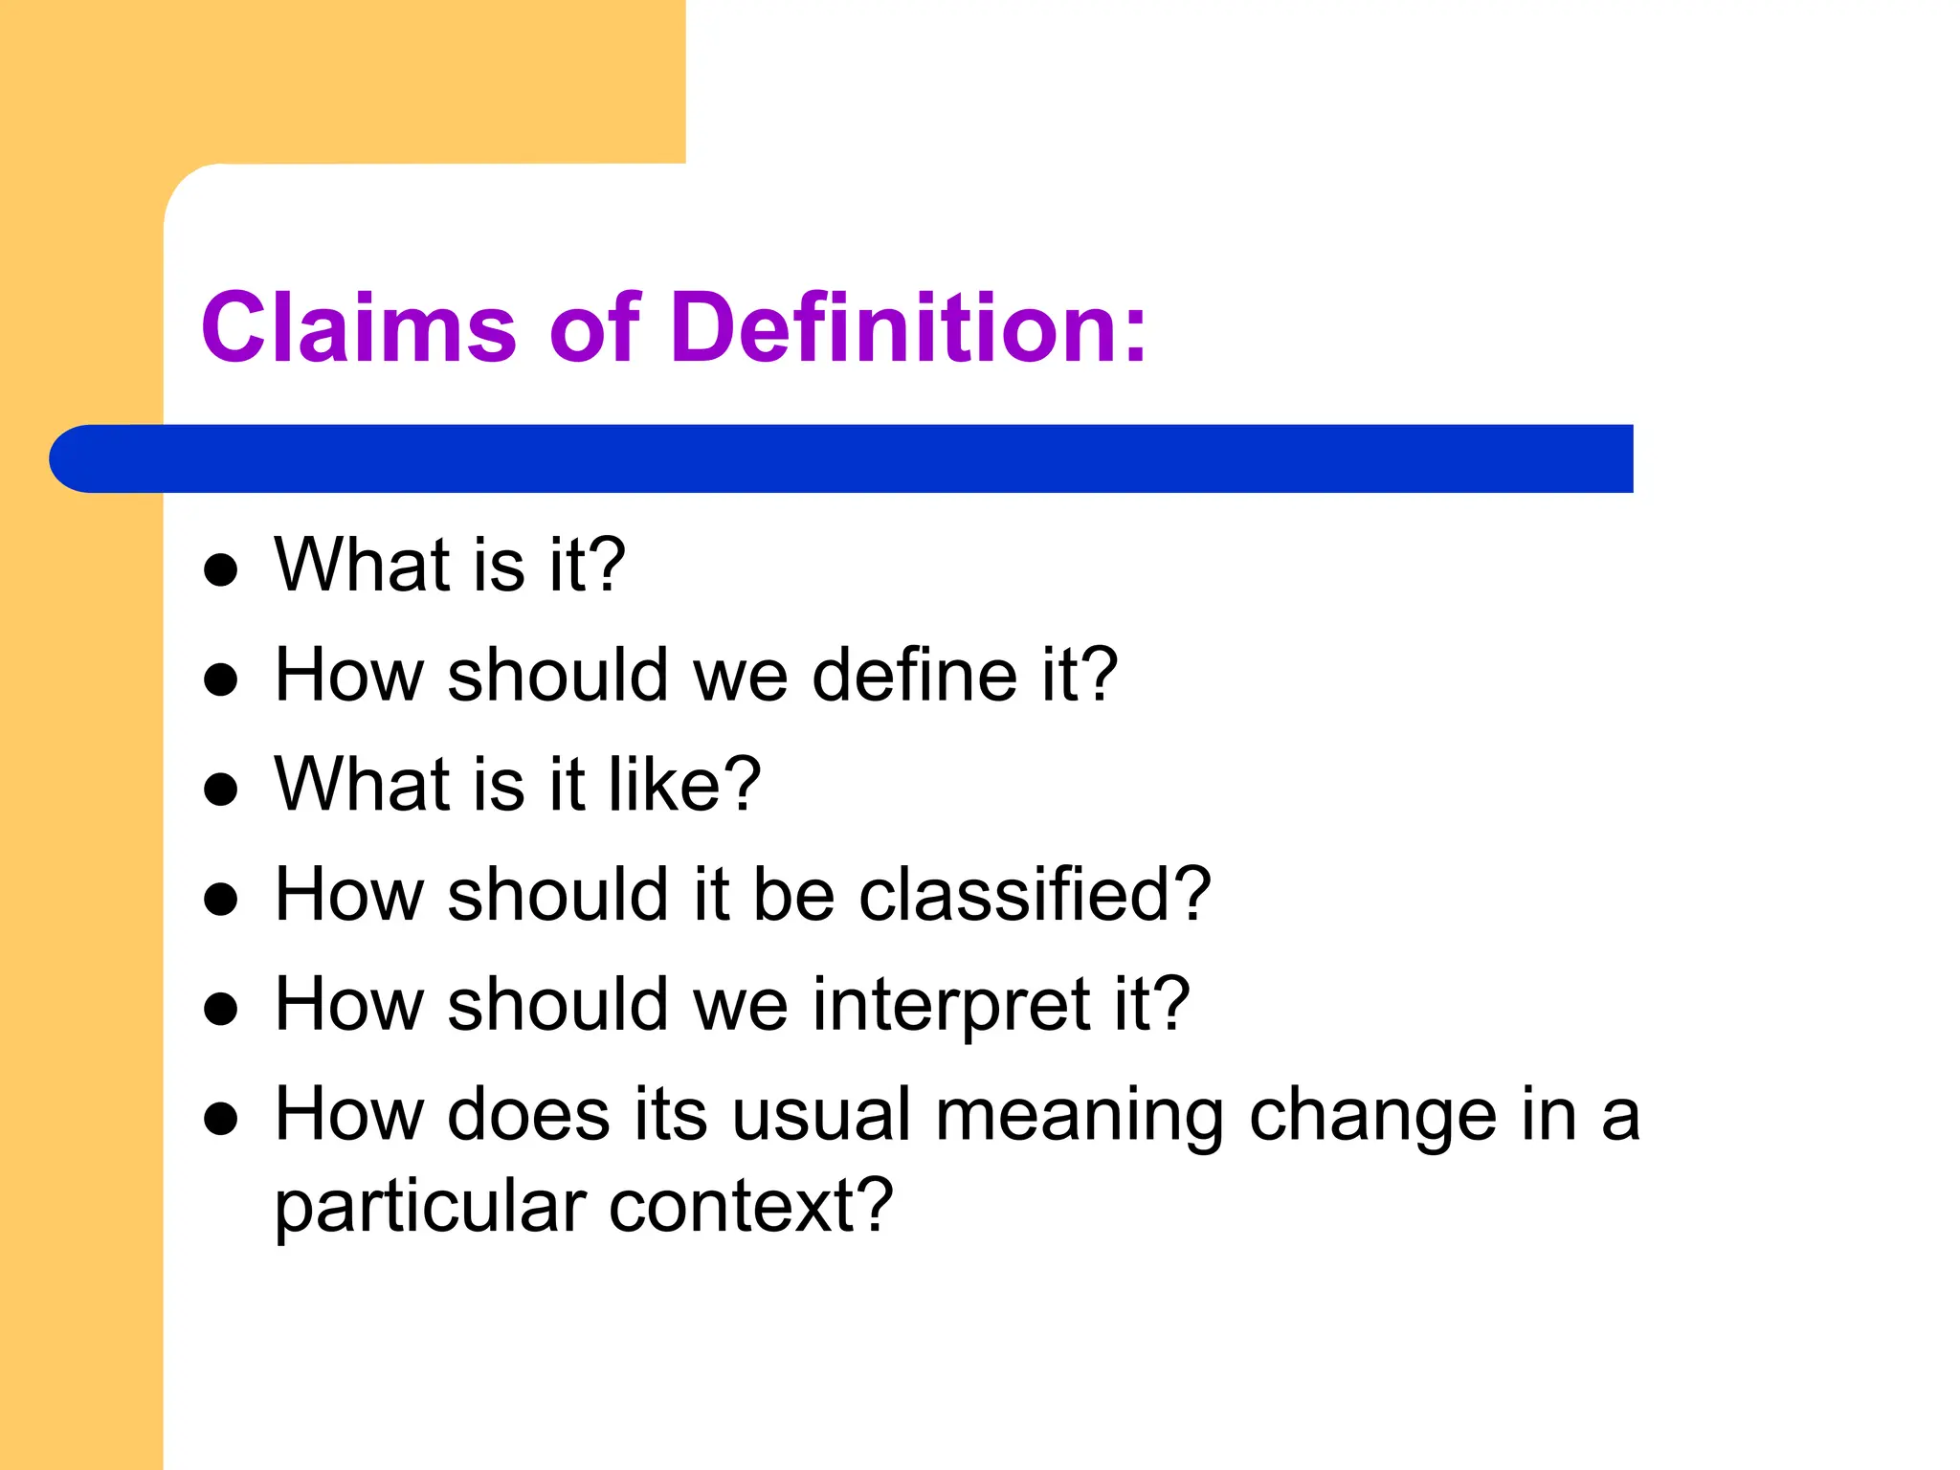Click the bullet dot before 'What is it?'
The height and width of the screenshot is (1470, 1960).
pos(221,569)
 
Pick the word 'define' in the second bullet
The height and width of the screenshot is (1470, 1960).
pos(913,675)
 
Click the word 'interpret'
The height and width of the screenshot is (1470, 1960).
pos(951,1004)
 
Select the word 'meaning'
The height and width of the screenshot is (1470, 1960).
pos(1080,1116)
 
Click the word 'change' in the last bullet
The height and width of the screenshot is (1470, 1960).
pos(1372,1116)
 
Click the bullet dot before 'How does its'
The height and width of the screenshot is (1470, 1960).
pos(221,1118)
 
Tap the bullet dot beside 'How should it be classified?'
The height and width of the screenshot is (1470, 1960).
pos(221,900)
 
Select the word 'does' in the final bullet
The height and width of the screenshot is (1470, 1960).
pos(528,1114)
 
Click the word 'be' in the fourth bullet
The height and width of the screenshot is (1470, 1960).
pos(794,894)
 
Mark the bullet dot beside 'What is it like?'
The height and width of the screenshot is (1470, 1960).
pos(221,790)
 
